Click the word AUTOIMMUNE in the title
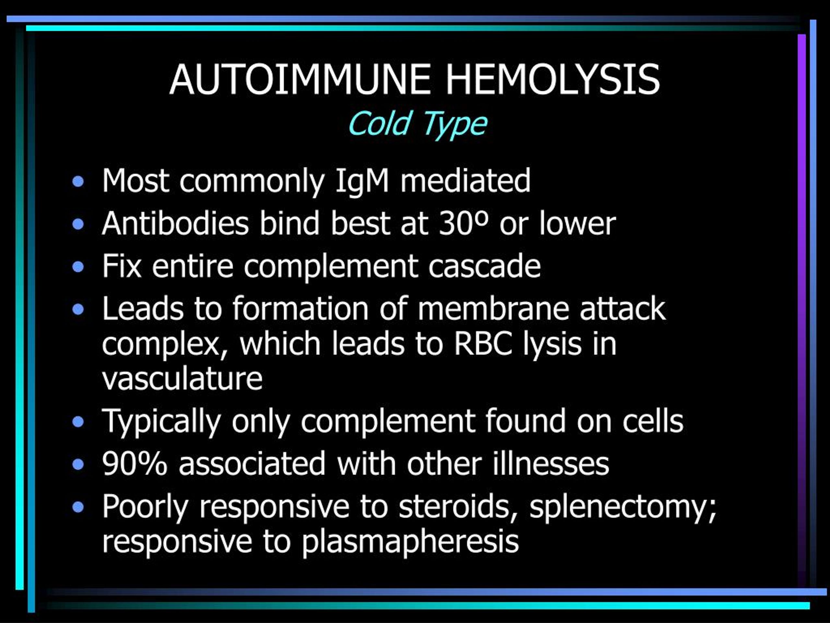point(300,79)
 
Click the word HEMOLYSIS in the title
point(552,79)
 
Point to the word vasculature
point(182,379)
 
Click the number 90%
point(135,464)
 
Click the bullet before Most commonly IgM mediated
point(78,182)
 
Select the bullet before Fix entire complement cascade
point(78,267)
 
